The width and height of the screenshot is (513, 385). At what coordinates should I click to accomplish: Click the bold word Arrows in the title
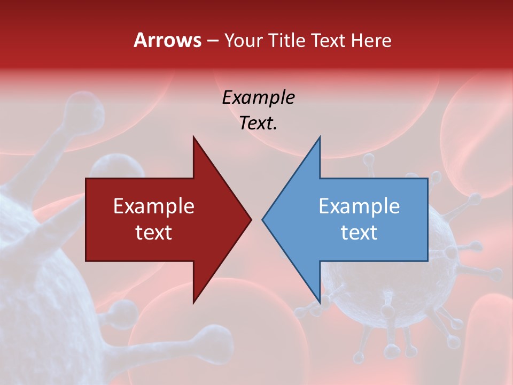pyautogui.click(x=167, y=40)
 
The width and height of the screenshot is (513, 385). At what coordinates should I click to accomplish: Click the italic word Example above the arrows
pyautogui.click(x=258, y=98)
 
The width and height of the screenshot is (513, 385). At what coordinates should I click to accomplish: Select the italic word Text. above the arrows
pyautogui.click(x=258, y=124)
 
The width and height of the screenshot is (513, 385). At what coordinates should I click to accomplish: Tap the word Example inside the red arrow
pyautogui.click(x=154, y=206)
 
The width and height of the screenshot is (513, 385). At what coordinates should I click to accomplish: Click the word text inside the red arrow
pyautogui.click(x=154, y=233)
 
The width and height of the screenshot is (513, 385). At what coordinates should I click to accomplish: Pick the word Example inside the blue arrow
pyautogui.click(x=359, y=206)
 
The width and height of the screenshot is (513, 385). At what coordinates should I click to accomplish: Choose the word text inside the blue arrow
pyautogui.click(x=359, y=233)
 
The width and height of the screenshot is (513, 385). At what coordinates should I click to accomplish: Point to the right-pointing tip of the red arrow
pyautogui.click(x=251, y=219)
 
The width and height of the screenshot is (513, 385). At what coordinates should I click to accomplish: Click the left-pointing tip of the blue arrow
pyautogui.click(x=263, y=219)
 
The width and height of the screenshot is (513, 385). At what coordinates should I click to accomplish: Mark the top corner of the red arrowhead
pyautogui.click(x=193, y=137)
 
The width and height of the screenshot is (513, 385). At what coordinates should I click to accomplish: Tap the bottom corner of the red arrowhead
pyautogui.click(x=193, y=303)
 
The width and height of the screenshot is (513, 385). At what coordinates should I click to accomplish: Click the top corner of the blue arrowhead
pyautogui.click(x=320, y=137)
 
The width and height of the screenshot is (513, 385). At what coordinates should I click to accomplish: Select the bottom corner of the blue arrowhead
pyautogui.click(x=320, y=303)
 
